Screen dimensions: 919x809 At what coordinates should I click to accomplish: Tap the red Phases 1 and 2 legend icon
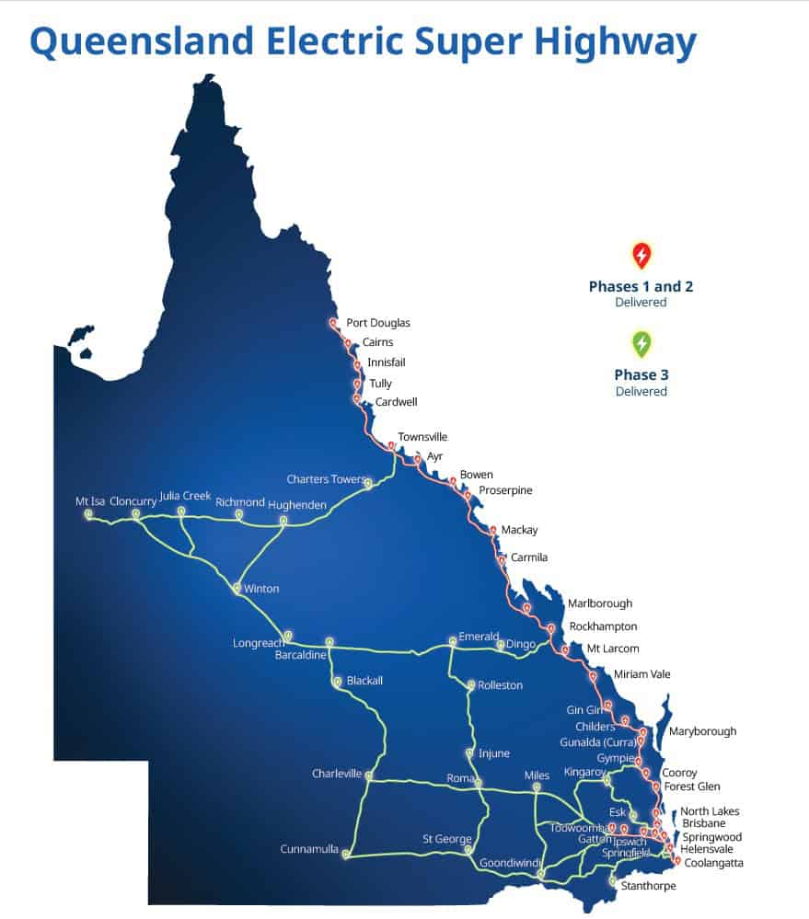click(641, 255)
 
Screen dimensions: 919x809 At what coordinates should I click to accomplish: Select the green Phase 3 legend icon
click(641, 344)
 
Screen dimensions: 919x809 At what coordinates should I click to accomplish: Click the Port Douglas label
click(377, 323)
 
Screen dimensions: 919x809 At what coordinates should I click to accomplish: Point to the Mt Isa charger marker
click(88, 514)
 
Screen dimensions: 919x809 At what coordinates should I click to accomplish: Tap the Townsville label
click(422, 437)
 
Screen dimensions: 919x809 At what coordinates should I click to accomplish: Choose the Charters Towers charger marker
click(367, 483)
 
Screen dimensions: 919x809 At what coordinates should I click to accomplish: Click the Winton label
click(261, 589)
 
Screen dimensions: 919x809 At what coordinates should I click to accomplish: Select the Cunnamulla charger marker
click(346, 855)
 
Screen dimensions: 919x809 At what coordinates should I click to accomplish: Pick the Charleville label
click(336, 774)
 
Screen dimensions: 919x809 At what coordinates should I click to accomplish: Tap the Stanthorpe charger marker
click(612, 880)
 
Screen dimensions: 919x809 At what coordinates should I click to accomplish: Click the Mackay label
click(519, 530)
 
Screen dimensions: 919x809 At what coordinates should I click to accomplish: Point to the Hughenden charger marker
click(283, 521)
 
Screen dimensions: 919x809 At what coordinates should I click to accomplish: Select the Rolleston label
click(500, 685)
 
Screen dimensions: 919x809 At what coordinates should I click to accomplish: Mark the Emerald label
click(479, 637)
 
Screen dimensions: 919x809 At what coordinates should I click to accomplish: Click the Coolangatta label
click(713, 863)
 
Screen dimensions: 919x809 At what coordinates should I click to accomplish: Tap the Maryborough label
click(702, 731)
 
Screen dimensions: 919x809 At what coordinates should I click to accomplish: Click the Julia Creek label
click(185, 496)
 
